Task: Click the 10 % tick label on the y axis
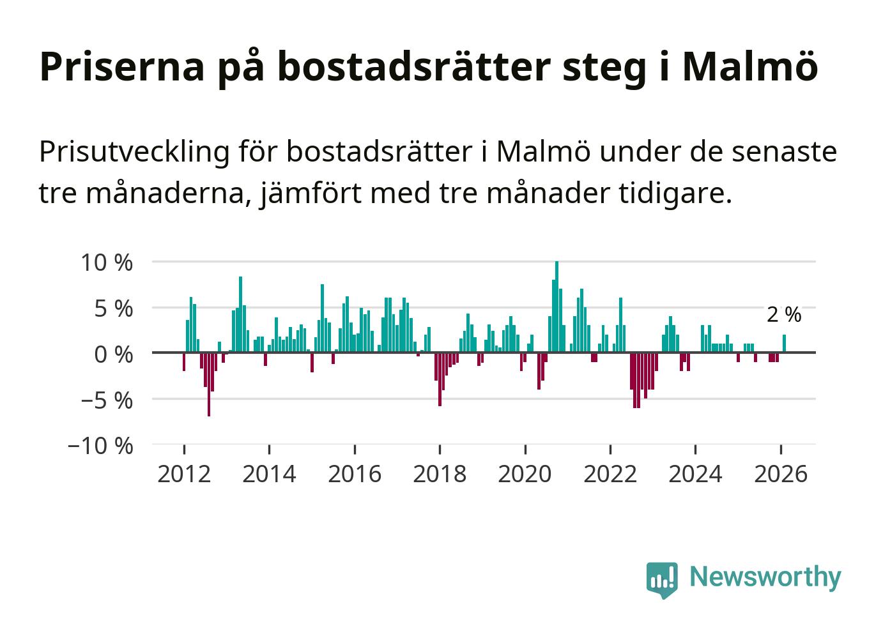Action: click(x=106, y=262)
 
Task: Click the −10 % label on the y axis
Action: click(x=100, y=446)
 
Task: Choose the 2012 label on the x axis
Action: click(x=184, y=474)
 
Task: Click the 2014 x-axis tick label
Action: click(x=269, y=474)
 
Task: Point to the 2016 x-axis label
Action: click(x=355, y=474)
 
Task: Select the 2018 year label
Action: click(x=440, y=474)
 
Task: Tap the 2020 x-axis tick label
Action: click(x=525, y=474)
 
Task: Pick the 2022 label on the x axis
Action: click(x=610, y=474)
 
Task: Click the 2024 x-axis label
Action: click(x=695, y=474)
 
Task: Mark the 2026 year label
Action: click(x=780, y=474)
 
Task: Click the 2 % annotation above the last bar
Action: click(x=783, y=314)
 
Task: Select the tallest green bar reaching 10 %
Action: click(x=557, y=307)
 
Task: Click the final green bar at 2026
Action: click(x=784, y=344)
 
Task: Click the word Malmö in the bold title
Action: click(x=749, y=66)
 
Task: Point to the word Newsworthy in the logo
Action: click(x=765, y=577)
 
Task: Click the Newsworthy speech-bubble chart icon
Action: click(x=661, y=579)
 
